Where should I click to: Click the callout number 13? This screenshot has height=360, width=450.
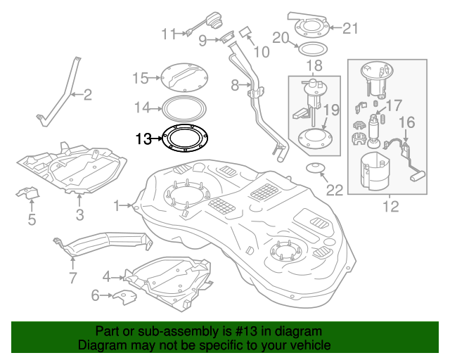[143, 139]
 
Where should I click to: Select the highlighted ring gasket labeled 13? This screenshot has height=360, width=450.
[186, 138]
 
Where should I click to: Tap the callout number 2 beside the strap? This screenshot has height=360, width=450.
[88, 94]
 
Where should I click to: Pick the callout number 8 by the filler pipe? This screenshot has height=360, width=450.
[236, 86]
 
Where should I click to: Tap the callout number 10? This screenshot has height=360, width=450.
[262, 51]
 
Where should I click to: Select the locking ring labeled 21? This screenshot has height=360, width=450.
[310, 27]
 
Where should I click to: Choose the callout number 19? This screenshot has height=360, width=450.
[331, 110]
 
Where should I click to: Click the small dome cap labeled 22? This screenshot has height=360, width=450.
[314, 168]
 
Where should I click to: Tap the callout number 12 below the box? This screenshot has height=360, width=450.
[390, 206]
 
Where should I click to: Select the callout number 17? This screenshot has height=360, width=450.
[394, 105]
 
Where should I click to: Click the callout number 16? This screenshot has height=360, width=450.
[407, 124]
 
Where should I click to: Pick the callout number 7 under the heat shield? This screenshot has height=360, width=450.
[72, 278]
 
